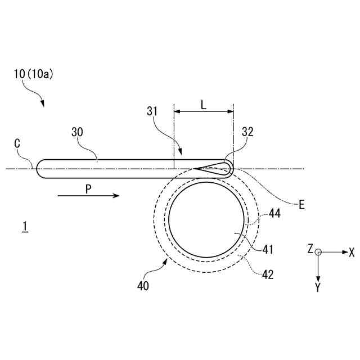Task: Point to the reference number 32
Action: pyautogui.click(x=247, y=133)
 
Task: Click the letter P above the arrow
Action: pyautogui.click(x=88, y=190)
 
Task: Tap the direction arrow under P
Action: pyautogui.click(x=88, y=196)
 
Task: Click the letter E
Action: pyautogui.click(x=301, y=205)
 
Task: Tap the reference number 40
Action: pyautogui.click(x=143, y=285)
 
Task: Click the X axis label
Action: pyautogui.click(x=352, y=252)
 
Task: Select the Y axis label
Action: pyautogui.click(x=318, y=287)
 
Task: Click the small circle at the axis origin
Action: pyautogui.click(x=318, y=253)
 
